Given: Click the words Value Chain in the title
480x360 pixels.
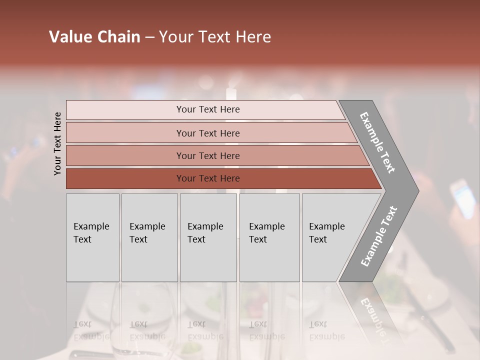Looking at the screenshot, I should pyautogui.click(x=94, y=37).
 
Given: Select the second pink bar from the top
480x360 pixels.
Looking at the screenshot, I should pyautogui.click(x=207, y=133).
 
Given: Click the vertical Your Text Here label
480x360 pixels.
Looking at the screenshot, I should pyautogui.click(x=57, y=143).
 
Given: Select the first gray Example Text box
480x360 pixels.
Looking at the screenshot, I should pyautogui.click(x=92, y=237).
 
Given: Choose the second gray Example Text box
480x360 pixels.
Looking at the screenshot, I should pyautogui.click(x=149, y=237).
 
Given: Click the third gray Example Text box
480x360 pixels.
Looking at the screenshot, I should pyautogui.click(x=208, y=237).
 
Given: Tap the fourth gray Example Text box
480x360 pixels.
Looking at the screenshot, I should pyautogui.click(x=269, y=237).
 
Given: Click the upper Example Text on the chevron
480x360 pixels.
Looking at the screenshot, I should pyautogui.click(x=378, y=143).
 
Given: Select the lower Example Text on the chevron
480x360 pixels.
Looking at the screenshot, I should pyautogui.click(x=378, y=236).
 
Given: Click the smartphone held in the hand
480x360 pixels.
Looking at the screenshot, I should pyautogui.click(x=462, y=199).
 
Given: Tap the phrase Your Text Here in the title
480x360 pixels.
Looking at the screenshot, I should pyautogui.click(x=215, y=37).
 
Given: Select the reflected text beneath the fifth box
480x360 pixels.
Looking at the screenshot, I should pyautogui.click(x=327, y=330).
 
